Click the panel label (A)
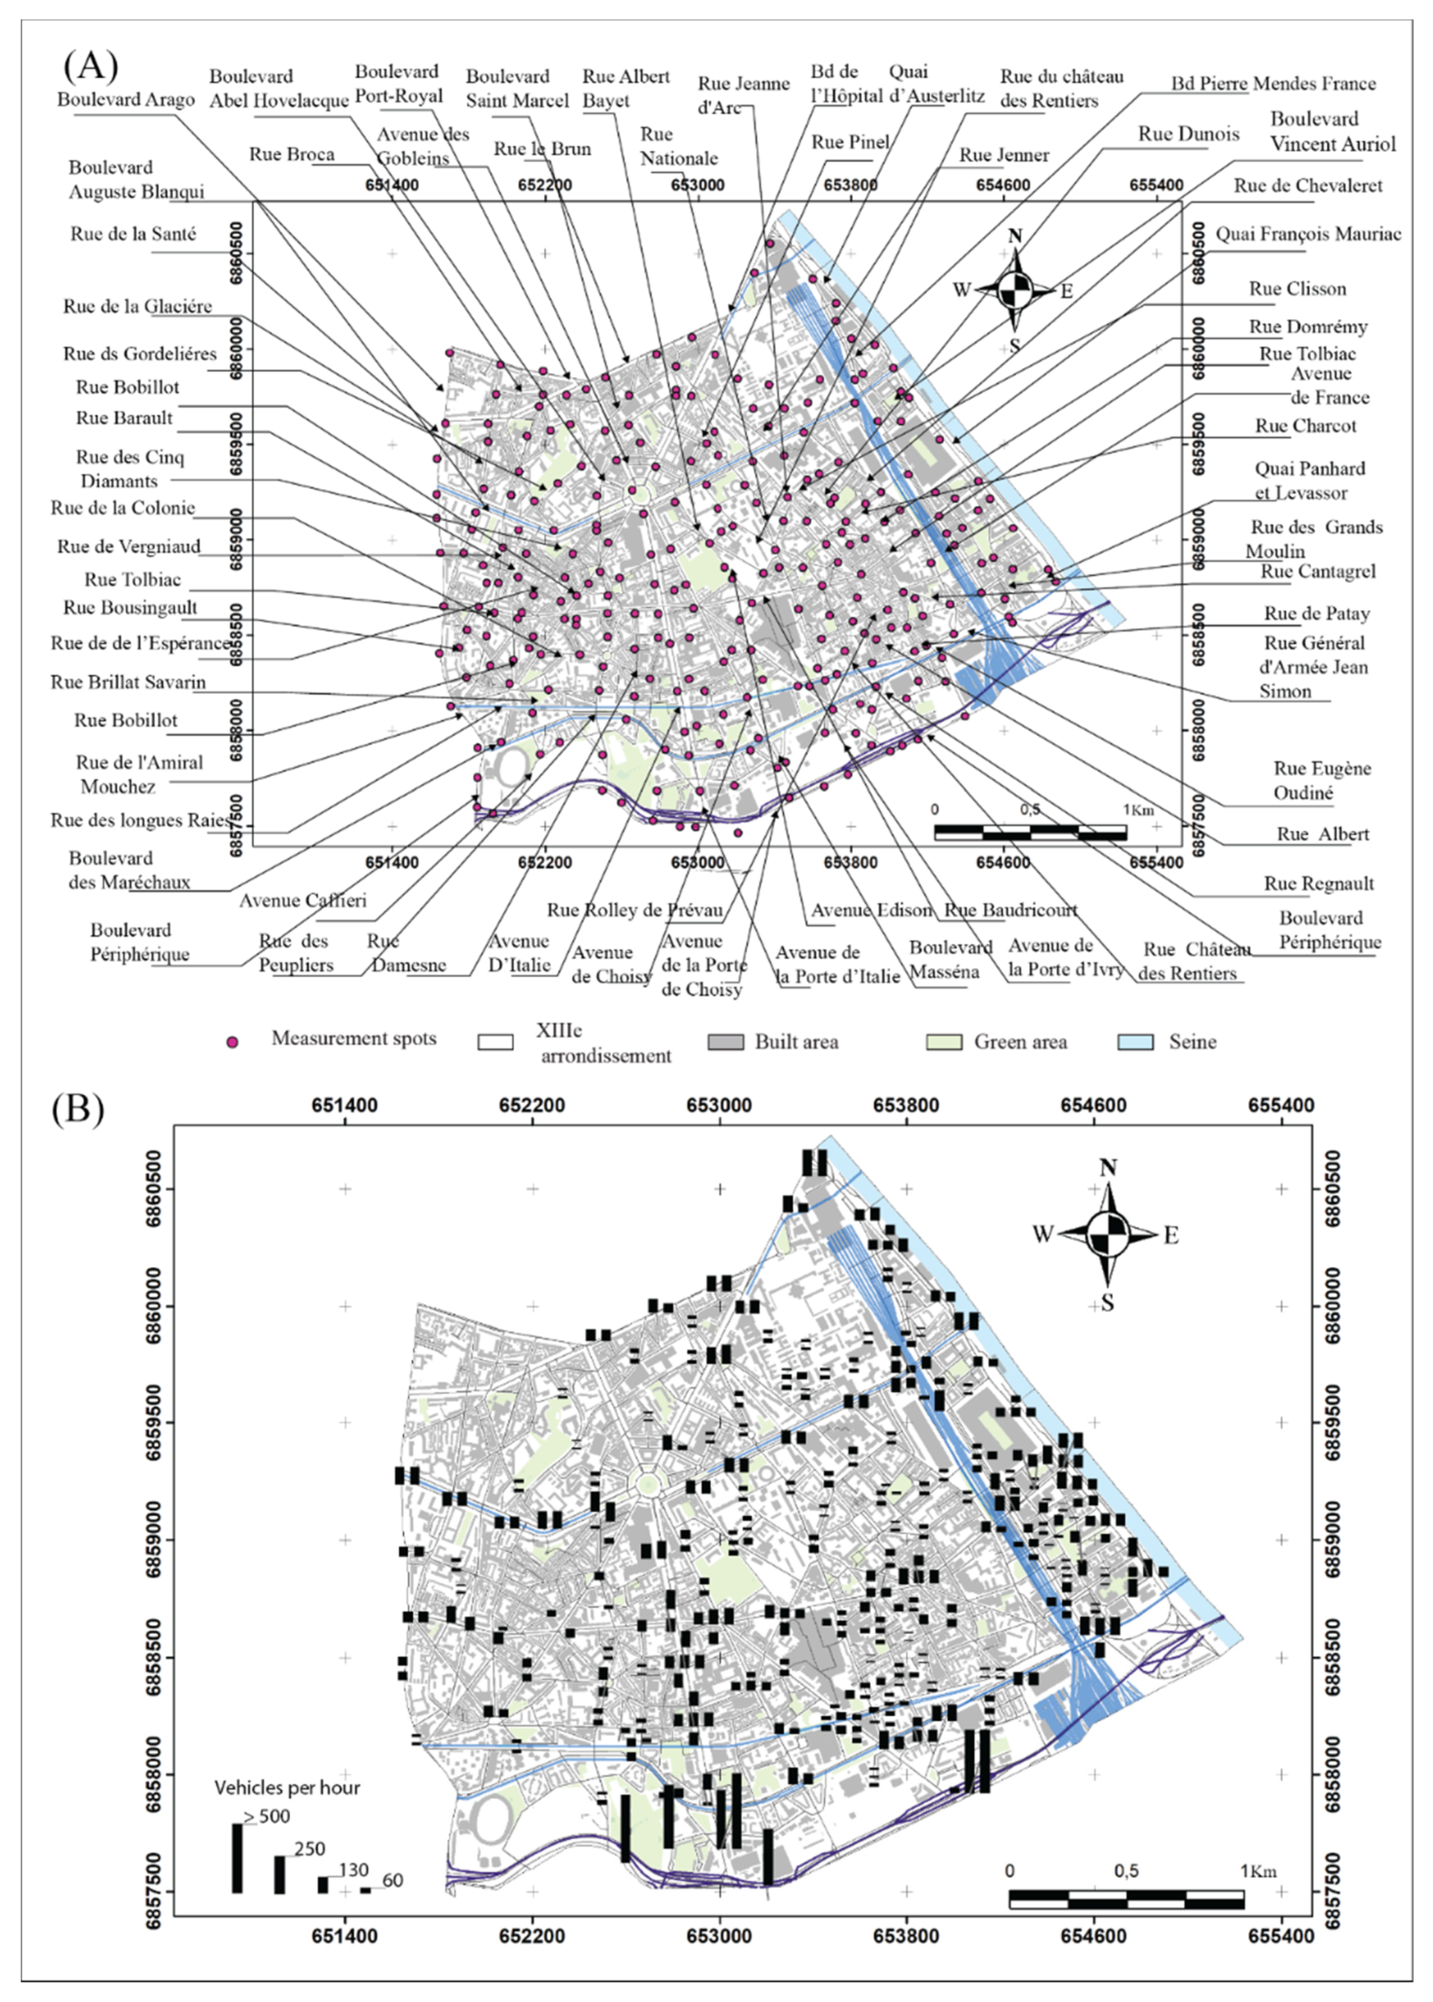tap(90, 65)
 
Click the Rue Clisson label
tap(1297, 289)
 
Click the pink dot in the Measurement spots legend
tap(233, 1042)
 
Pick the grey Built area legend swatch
tap(726, 1042)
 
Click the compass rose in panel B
tap(1109, 1233)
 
